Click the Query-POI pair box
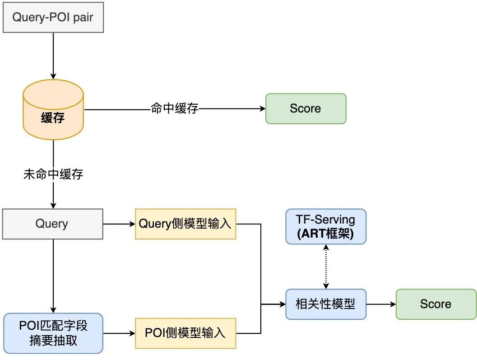[53, 19]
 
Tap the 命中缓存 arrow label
[175, 109]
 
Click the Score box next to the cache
[306, 109]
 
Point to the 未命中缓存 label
[53, 174]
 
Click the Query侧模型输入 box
[185, 224]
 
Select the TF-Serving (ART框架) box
[325, 227]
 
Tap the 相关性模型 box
[325, 304]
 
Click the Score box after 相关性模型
[435, 304]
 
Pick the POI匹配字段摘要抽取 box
[53, 333]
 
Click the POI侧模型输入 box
[185, 333]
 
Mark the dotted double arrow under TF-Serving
[325, 267]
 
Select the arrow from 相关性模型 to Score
[380, 304]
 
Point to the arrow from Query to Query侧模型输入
[119, 224]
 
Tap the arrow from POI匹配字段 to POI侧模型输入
[119, 333]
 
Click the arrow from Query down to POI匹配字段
[53, 276]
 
